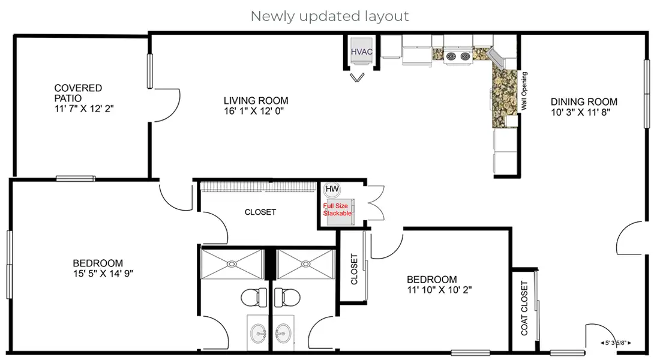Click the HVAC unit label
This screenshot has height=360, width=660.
coord(362,52)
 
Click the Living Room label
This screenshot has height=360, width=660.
coord(256,101)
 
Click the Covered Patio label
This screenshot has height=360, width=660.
coord(78,93)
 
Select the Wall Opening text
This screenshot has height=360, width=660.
coord(524,91)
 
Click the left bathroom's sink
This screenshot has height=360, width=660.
coord(259,334)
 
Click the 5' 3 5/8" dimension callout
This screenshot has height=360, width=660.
coord(616,343)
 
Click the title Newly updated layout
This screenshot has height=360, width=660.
coord(329,16)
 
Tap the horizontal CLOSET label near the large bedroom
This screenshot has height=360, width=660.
coord(260,212)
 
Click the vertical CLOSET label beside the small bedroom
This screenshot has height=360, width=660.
coord(354,269)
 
